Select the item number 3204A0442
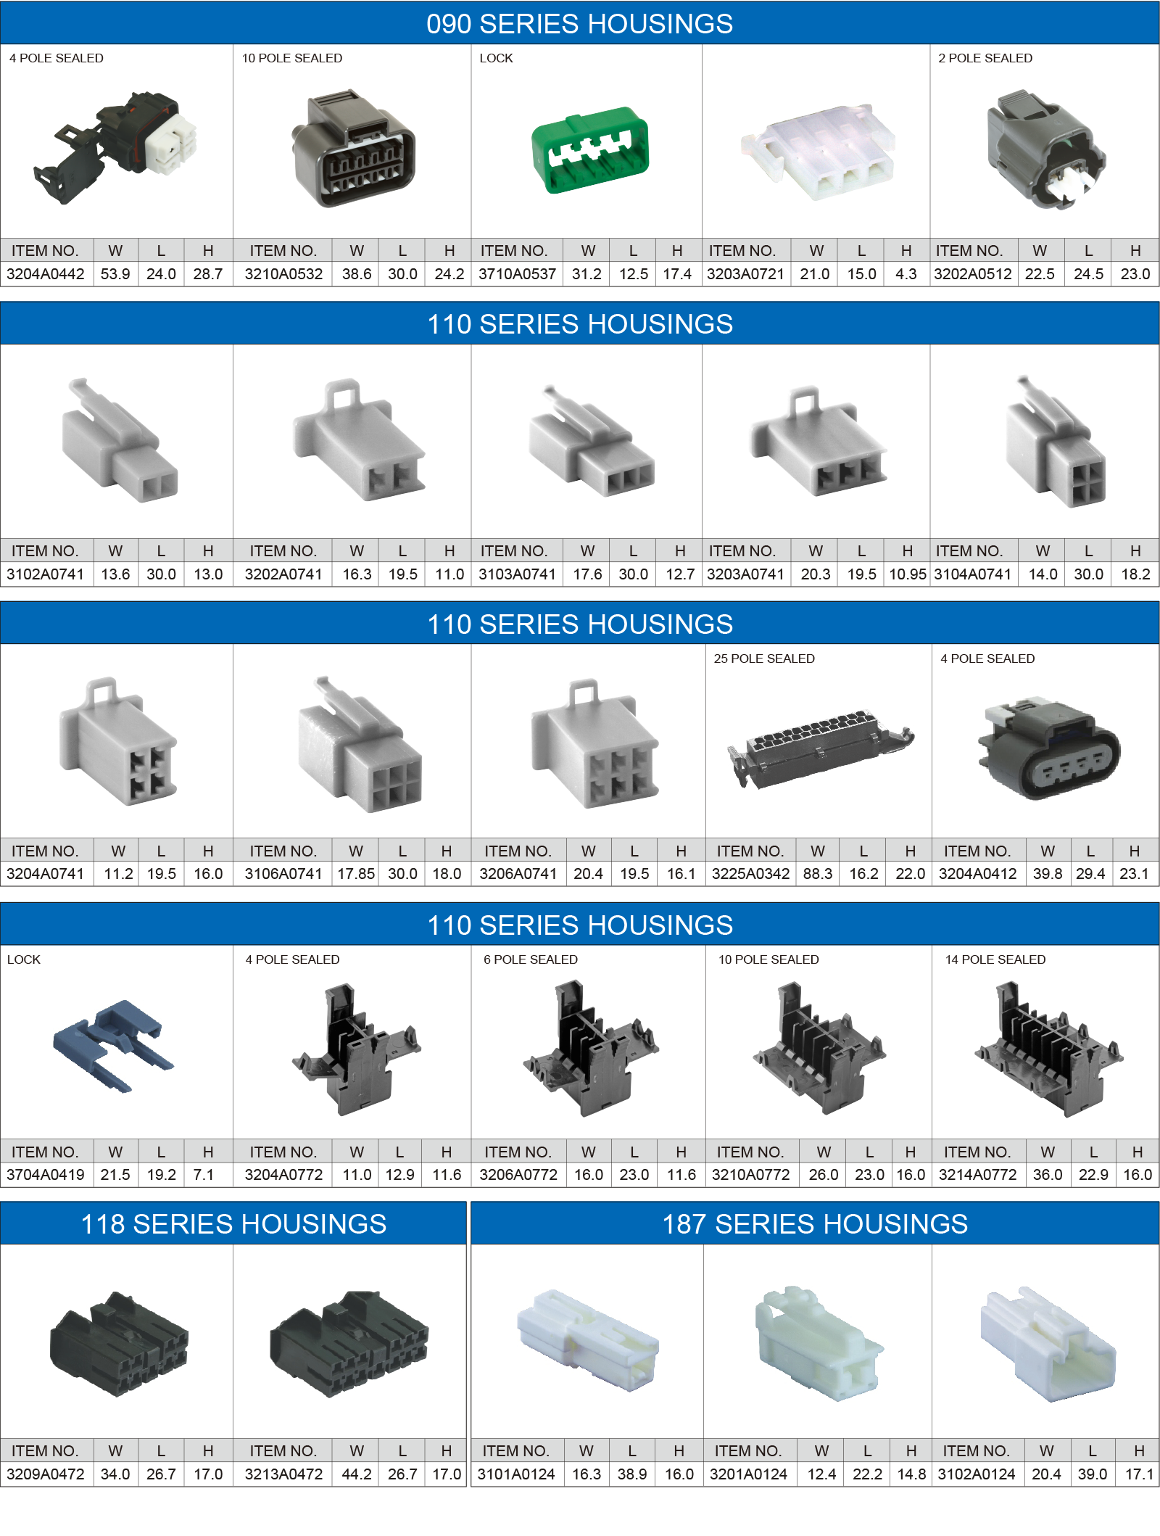(x=46, y=274)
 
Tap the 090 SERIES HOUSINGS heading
(x=579, y=24)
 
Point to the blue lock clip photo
(x=114, y=1045)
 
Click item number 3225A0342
(x=750, y=874)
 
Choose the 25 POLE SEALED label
(x=764, y=658)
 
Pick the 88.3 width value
(x=818, y=874)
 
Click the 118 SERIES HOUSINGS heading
(x=233, y=1224)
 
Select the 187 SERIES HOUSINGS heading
(x=815, y=1224)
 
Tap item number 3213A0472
(x=283, y=1474)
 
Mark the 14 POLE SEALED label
(x=995, y=959)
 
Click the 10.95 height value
(x=908, y=574)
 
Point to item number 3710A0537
(x=517, y=274)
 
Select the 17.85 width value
(x=356, y=874)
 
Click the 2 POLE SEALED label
(x=985, y=58)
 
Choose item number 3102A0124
(x=977, y=1474)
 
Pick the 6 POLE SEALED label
(x=531, y=959)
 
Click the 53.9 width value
(x=115, y=274)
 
